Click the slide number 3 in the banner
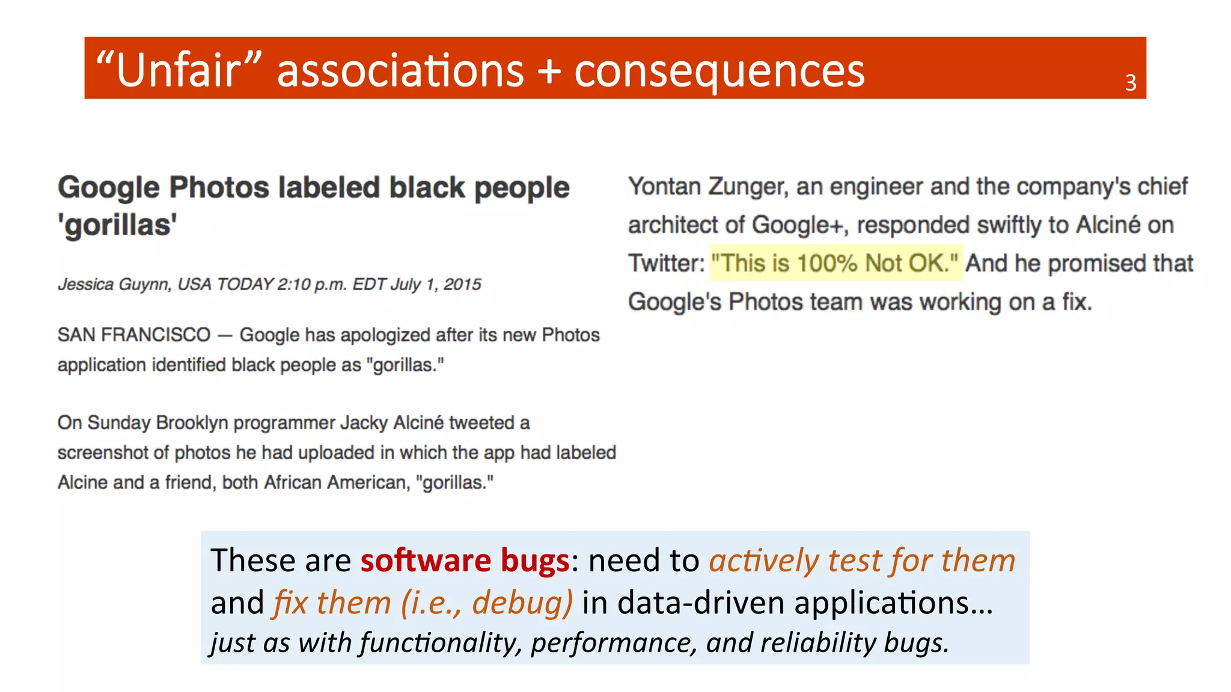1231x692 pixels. [x=1130, y=83]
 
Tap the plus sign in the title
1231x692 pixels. [x=549, y=71]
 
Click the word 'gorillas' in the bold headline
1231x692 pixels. [x=117, y=225]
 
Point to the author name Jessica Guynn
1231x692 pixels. [x=113, y=284]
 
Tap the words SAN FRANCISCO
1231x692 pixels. [x=133, y=335]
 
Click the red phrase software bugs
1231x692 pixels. [x=464, y=560]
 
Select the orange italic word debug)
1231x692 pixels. [x=522, y=602]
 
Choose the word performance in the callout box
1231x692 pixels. [x=613, y=643]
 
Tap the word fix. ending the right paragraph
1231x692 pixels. [x=1076, y=302]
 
